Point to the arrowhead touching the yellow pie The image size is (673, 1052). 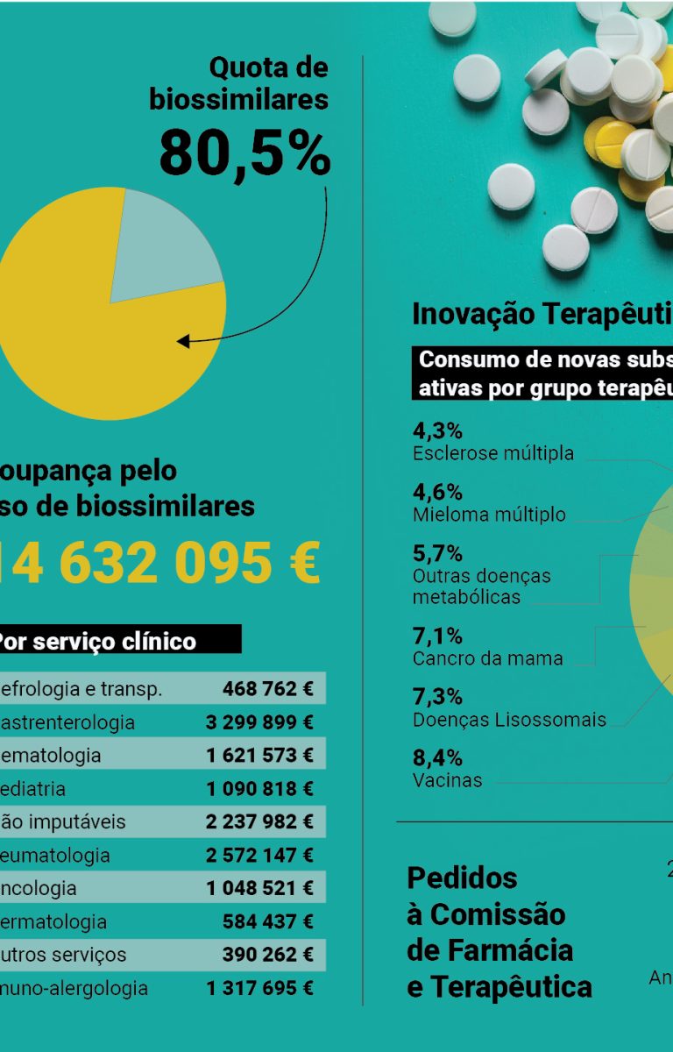(183, 341)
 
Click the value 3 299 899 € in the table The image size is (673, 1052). (259, 722)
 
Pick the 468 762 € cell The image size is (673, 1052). (267, 689)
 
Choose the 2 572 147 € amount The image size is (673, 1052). (259, 855)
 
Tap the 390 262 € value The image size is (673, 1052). (267, 955)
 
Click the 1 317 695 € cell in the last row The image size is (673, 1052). (259, 988)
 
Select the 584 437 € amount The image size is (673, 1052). (267, 921)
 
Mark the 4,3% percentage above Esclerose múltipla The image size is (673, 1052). (437, 430)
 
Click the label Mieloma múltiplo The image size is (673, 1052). (489, 515)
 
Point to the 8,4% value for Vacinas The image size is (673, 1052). (437, 757)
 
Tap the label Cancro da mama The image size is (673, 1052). (487, 658)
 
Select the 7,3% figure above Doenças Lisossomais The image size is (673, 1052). (437, 697)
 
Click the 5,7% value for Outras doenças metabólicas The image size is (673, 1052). (437, 553)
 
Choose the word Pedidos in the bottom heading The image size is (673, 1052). (462, 878)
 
